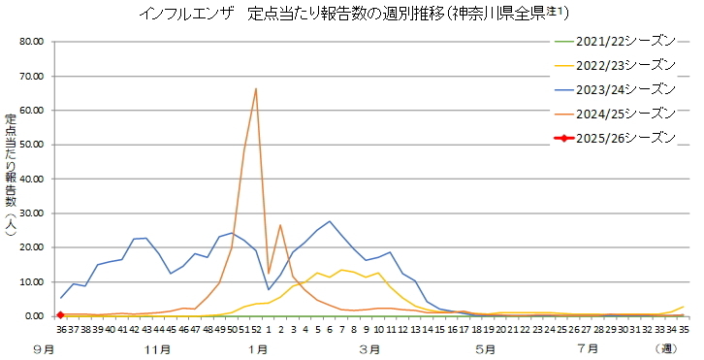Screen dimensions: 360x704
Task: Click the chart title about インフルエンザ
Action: pyautogui.click(x=353, y=14)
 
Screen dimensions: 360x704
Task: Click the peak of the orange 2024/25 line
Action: pyautogui.click(x=256, y=88)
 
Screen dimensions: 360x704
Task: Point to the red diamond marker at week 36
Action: pyautogui.click(x=60, y=314)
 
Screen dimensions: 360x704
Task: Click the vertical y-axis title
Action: pyautogui.click(x=11, y=180)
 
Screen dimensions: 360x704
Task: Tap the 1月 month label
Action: pyautogui.click(x=258, y=346)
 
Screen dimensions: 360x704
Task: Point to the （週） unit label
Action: pyautogui.click(x=664, y=346)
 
